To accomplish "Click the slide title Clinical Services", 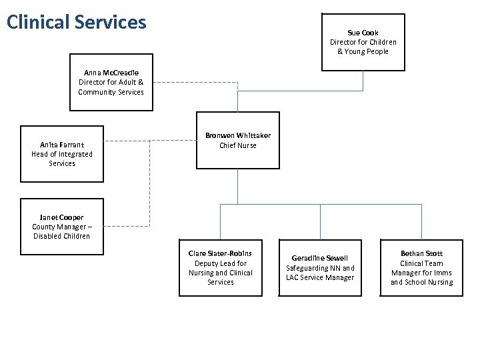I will [76, 22].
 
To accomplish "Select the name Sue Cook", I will [363, 33].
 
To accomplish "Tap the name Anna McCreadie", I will [111, 73].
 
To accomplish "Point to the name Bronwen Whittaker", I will [237, 136].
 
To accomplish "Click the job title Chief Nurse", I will [237, 145].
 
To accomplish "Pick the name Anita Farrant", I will [62, 145].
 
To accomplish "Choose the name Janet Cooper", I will [62, 217].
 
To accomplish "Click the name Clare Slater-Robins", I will [220, 253].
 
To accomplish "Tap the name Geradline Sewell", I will [320, 258].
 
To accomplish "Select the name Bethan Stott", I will [421, 253].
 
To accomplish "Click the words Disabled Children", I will [62, 236].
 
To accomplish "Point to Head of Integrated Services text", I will [62, 159].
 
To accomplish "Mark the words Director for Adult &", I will [111, 82].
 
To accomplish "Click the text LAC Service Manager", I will [320, 277].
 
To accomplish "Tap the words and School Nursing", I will [421, 282].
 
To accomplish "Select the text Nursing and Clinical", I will [220, 273].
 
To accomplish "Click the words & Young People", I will [363, 51].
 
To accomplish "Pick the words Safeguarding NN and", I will [320, 268].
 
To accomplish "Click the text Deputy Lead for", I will [220, 263].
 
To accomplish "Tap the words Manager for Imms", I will [421, 273].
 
